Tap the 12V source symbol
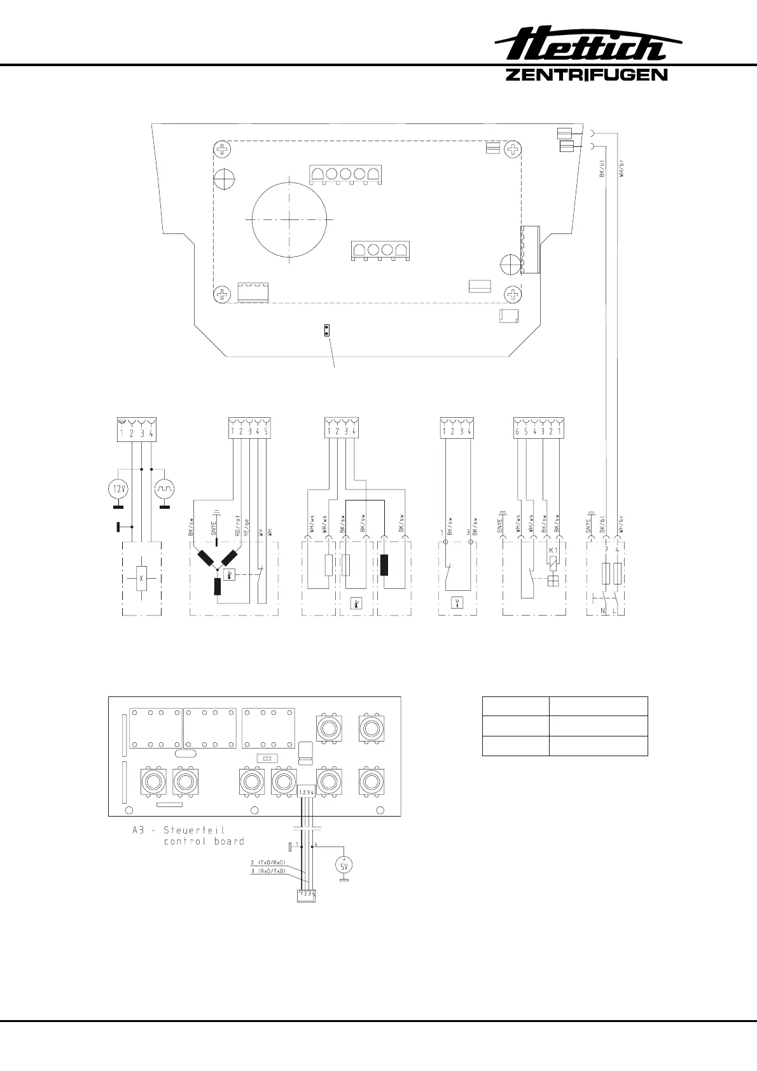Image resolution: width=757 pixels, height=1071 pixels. pos(118,489)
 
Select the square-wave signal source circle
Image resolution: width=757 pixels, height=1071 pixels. pos(165,489)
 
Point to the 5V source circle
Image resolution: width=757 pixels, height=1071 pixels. pos(344,866)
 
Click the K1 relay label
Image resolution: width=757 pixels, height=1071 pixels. pos(553,549)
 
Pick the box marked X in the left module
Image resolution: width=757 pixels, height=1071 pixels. pos(142,578)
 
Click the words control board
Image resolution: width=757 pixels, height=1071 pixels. pos(204,841)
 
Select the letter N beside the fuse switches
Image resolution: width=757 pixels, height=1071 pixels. pos(602,611)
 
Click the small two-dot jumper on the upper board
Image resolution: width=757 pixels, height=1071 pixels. pos(327,329)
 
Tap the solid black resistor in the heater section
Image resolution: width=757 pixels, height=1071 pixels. pos(384,565)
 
